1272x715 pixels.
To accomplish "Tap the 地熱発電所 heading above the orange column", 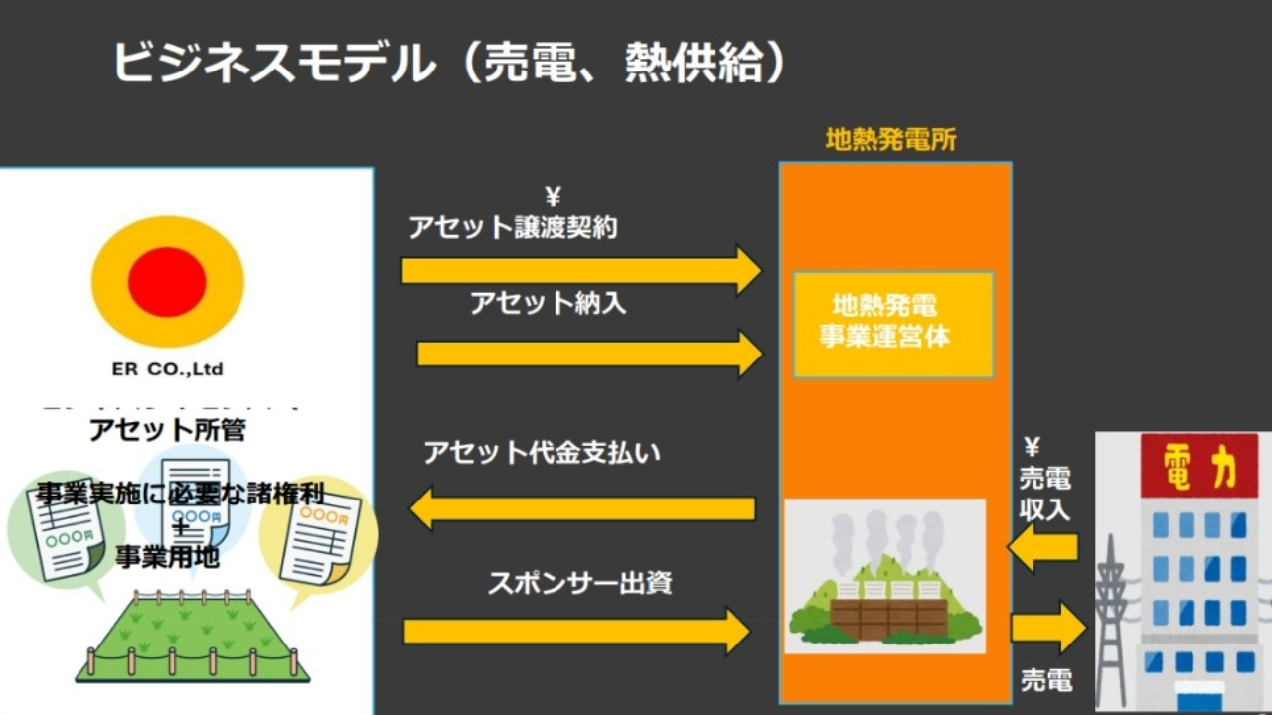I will point(890,140).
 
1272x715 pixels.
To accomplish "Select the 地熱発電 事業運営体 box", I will point(892,322).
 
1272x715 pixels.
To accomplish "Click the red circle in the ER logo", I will point(167,282).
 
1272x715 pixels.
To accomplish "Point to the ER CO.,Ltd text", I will point(167,370).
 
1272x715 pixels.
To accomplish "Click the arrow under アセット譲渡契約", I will point(581,269).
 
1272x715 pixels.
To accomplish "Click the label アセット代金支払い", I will point(542,453).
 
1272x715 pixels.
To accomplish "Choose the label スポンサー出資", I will point(579,582).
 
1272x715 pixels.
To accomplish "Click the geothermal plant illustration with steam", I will point(884,576).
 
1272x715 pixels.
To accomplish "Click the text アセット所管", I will point(168,430).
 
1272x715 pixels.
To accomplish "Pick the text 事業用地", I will point(167,557).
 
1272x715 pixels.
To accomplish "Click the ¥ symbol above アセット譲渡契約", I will point(553,197).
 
